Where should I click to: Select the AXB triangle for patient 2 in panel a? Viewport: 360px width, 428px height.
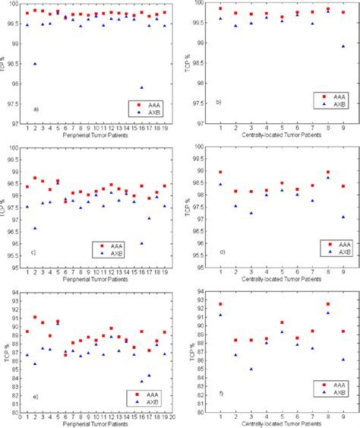(x=35, y=64)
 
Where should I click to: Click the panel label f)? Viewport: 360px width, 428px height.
(x=220, y=395)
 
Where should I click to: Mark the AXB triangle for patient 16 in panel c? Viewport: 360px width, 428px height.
(x=141, y=243)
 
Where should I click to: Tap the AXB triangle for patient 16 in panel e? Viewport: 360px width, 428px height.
(x=141, y=381)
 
